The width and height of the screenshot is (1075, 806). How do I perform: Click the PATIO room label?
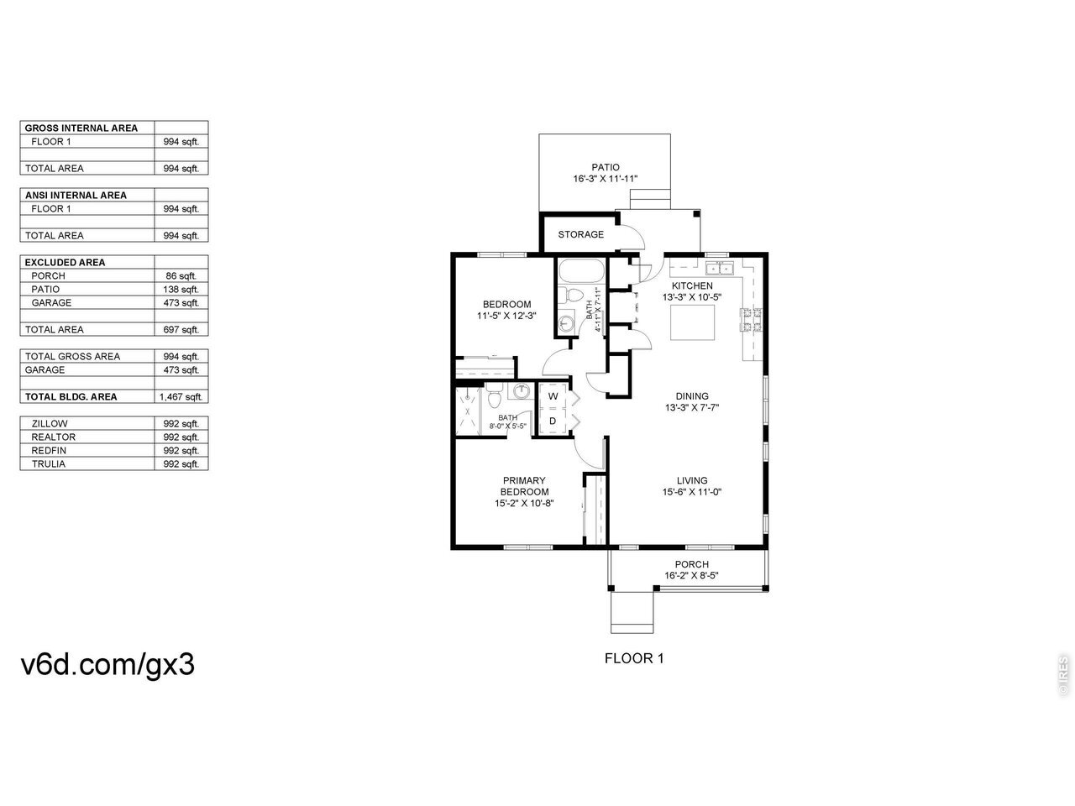[x=606, y=167]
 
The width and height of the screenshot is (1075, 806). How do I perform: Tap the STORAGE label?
[x=581, y=234]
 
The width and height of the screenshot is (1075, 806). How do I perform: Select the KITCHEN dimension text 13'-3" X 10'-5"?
[x=692, y=297]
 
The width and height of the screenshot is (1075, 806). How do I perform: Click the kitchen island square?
[x=692, y=322]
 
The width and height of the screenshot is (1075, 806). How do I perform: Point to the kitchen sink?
[x=719, y=268]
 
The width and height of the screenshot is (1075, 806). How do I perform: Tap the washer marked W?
[x=553, y=396]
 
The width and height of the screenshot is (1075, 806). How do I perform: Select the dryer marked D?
[x=553, y=421]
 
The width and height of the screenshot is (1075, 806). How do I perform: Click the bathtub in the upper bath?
[x=580, y=270]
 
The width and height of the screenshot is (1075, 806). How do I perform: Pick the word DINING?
[x=692, y=396]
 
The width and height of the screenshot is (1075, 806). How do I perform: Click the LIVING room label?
[x=692, y=480]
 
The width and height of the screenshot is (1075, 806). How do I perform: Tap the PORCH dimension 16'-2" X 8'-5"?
[x=691, y=575]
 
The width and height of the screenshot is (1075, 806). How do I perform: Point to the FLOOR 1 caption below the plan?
[x=634, y=658]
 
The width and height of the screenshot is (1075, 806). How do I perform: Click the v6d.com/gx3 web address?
[x=107, y=665]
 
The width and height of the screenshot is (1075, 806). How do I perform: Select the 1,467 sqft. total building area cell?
[x=181, y=397]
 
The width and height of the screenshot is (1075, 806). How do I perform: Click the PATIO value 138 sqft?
[x=181, y=289]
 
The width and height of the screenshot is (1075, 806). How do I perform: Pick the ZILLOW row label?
[x=50, y=424]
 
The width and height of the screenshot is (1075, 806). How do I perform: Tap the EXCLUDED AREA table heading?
[x=66, y=262]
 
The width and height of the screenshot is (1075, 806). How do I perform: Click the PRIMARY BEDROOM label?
[x=524, y=486]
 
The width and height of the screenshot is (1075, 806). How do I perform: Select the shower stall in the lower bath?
[x=468, y=411]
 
